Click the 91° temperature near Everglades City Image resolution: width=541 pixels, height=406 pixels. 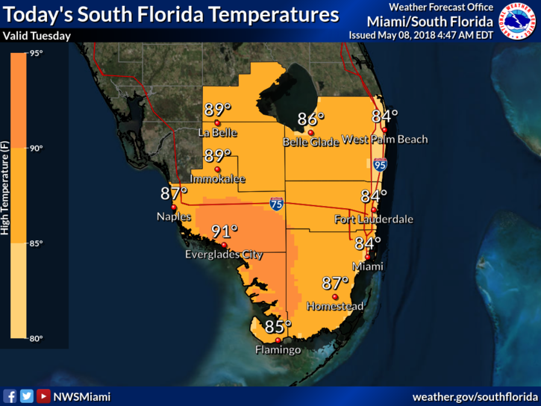click(x=224, y=232)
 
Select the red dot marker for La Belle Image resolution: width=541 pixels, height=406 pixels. click(x=217, y=123)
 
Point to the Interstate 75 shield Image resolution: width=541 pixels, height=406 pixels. click(x=276, y=204)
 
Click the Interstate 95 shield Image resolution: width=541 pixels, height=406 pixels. click(x=380, y=165)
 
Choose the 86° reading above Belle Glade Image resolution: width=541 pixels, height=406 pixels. click(x=310, y=119)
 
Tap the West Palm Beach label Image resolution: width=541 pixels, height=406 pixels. click(x=384, y=140)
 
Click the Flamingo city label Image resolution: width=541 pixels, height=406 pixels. click(x=278, y=350)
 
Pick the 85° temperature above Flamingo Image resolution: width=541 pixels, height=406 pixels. click(x=278, y=327)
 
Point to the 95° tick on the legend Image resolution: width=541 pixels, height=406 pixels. click(x=37, y=53)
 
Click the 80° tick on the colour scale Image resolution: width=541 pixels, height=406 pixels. click(x=37, y=338)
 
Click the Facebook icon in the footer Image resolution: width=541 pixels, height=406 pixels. click(x=10, y=396)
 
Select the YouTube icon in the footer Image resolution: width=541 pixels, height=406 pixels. click(x=43, y=396)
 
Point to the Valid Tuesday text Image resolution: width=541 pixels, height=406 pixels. click(x=37, y=36)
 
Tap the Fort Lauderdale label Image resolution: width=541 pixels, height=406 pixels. click(x=374, y=219)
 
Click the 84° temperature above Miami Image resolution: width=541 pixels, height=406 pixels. click(x=367, y=243)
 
